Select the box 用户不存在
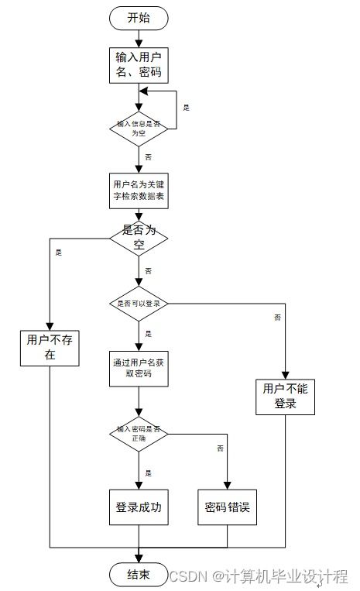[50, 347]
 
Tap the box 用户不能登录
[286, 397]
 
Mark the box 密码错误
[228, 508]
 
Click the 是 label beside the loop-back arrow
[186, 108]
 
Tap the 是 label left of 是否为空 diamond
[59, 252]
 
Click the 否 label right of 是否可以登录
[277, 318]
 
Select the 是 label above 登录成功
[148, 472]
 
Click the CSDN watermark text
[259, 576]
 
